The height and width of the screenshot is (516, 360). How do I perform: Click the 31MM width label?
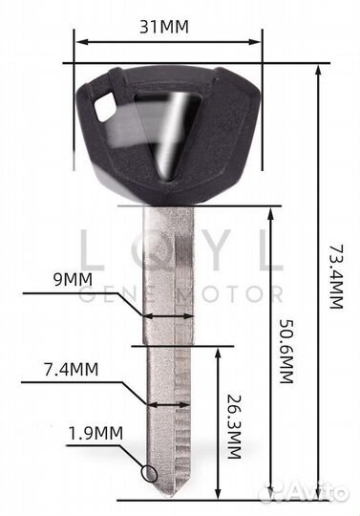point(164,27)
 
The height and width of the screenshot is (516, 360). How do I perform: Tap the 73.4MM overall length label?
point(336,276)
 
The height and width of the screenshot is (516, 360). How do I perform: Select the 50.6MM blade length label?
point(286,351)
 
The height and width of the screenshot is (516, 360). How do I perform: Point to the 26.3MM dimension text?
point(234,426)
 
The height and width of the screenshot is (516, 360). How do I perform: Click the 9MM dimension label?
point(73,279)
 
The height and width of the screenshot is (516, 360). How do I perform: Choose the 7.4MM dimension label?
point(72,369)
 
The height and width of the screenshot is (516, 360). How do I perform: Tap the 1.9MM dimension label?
point(95,434)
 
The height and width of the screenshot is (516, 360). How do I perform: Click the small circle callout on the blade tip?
point(149,474)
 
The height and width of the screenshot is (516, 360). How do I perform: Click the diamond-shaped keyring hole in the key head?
point(105,106)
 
